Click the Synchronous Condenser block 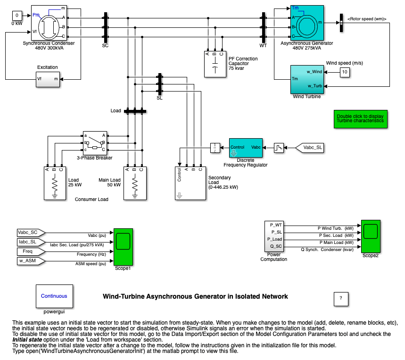pyautogui.click(x=49, y=23)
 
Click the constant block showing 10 pyautogui.click(x=345, y=72)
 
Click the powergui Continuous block pyautogui.click(x=54, y=296)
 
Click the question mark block pyautogui.click(x=340, y=298)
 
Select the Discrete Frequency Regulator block pyautogui.click(x=246, y=148)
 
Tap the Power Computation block pyautogui.click(x=273, y=235)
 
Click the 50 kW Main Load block pyautogui.click(x=135, y=184)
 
